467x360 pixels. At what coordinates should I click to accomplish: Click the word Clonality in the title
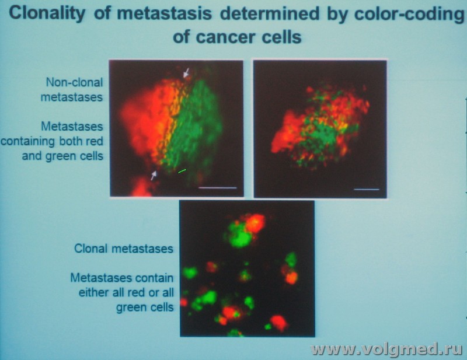(47, 14)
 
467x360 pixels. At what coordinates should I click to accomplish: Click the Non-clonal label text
(74, 82)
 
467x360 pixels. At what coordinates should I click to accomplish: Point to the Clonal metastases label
(124, 249)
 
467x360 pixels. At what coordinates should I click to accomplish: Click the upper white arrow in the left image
(186, 72)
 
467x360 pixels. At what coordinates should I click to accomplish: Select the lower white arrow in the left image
(154, 175)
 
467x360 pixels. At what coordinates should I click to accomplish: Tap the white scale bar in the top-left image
(217, 188)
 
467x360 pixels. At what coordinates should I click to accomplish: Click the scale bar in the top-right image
(367, 189)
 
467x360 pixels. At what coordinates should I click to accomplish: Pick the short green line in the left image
(182, 171)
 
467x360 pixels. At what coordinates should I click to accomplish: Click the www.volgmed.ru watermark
(386, 349)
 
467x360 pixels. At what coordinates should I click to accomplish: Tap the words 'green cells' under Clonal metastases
(145, 307)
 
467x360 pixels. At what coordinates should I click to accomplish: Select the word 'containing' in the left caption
(29, 141)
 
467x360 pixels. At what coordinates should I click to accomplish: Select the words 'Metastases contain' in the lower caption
(122, 278)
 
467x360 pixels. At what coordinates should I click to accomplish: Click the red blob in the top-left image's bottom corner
(142, 187)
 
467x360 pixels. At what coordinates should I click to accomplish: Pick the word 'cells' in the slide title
(283, 37)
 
